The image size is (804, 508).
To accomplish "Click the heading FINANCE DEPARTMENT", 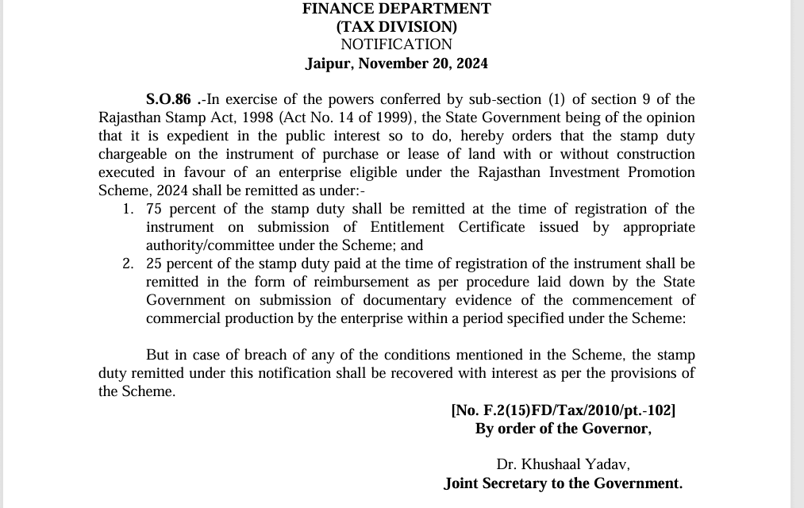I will (x=396, y=9).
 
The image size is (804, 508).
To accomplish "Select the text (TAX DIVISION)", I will (x=396, y=27).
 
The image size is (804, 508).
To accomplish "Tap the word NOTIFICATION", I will (x=396, y=44).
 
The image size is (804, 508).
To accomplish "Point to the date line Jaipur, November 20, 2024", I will (x=396, y=63).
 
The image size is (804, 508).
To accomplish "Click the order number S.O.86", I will (x=168, y=100).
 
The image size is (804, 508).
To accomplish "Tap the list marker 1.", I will (x=128, y=210).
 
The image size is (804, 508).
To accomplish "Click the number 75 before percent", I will (x=155, y=210).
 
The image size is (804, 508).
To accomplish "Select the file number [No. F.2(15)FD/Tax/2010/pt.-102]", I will (x=563, y=410).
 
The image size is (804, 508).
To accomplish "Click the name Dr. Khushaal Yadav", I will (x=563, y=465).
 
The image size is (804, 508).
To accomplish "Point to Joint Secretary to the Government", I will (x=563, y=483).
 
